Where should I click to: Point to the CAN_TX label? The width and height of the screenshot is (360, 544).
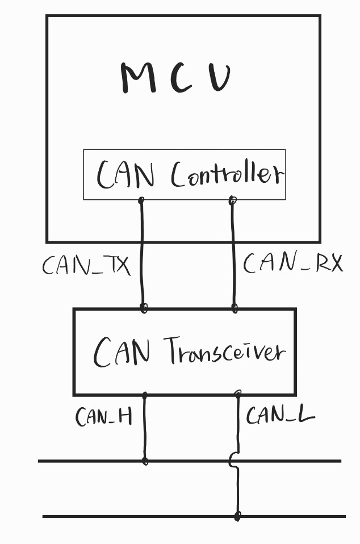86,265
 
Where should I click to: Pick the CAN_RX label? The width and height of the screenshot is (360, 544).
292,263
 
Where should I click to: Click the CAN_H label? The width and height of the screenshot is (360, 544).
104,417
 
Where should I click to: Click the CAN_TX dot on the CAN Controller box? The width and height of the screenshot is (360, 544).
141,200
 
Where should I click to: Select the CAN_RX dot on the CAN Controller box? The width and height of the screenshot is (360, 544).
232,200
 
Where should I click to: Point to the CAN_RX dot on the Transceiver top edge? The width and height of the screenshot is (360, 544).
234,308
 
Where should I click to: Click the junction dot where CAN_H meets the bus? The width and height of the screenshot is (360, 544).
145,461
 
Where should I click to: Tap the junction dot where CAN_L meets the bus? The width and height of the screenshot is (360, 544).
237,516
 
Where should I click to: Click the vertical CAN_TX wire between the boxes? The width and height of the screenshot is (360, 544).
142,256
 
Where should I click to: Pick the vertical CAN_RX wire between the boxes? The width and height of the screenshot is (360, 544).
233,256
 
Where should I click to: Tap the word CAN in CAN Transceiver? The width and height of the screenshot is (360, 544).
122,352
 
